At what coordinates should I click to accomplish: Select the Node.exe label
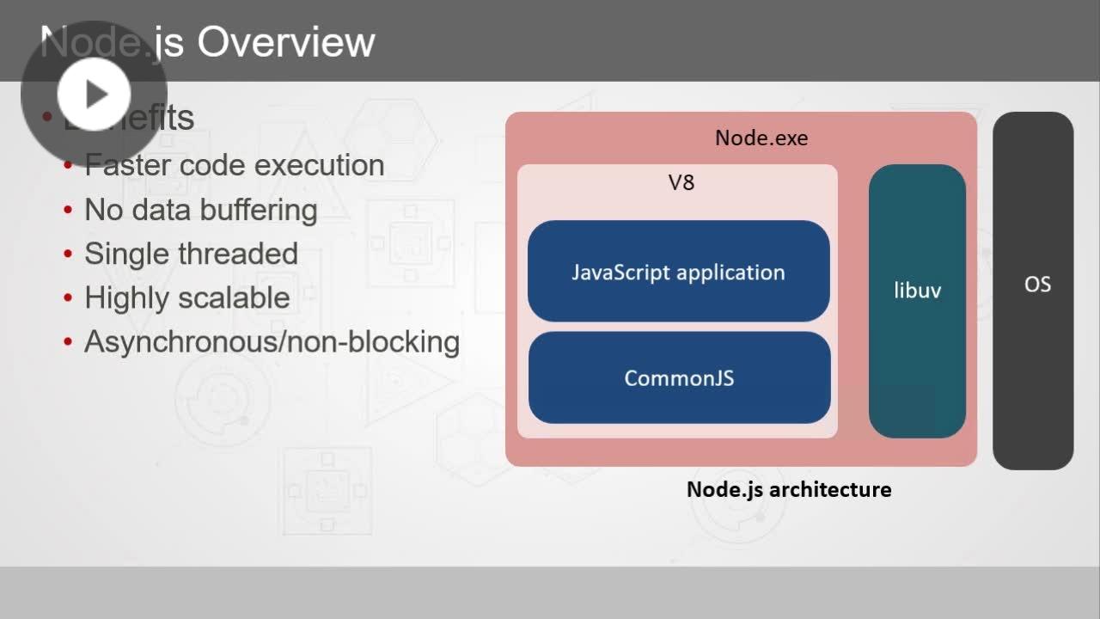tap(761, 138)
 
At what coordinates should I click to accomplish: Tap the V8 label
tap(681, 182)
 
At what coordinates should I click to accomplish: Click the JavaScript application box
tap(678, 272)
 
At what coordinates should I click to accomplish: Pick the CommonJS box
tap(679, 378)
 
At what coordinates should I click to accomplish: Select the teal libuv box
tap(917, 301)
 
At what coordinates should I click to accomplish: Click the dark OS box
tap(1033, 291)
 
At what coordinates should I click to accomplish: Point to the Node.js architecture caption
tap(788, 489)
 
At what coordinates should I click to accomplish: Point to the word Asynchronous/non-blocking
tap(272, 341)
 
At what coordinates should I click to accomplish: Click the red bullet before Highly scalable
tap(68, 298)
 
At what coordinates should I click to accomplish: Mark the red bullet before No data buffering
tap(68, 211)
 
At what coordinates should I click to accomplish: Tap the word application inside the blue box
tap(730, 273)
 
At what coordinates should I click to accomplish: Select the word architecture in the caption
tap(829, 489)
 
